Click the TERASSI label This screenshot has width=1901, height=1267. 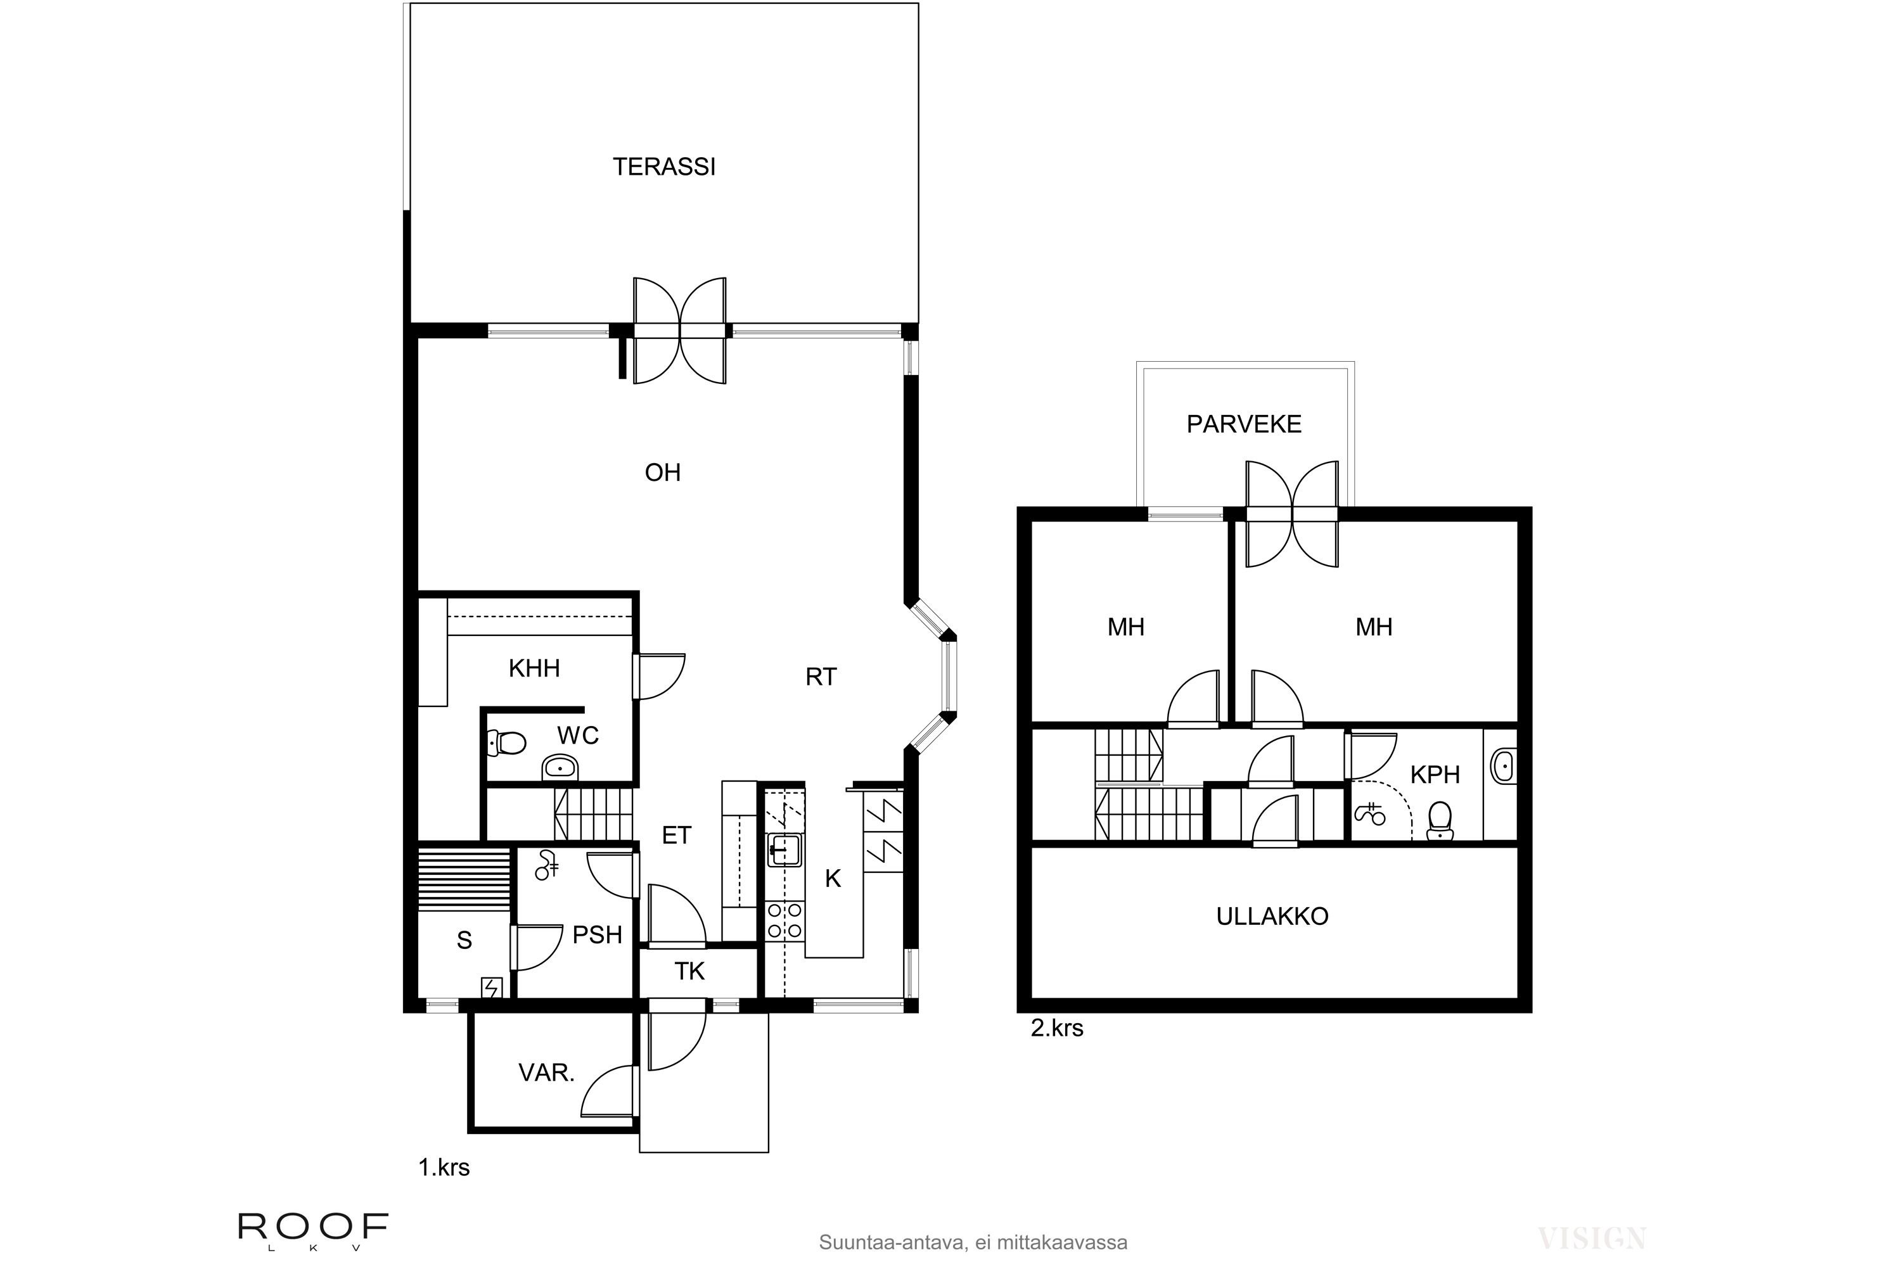(663, 167)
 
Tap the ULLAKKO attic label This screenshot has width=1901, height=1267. (1272, 916)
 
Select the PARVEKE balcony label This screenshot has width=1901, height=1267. (1244, 424)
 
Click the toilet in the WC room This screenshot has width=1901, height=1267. (507, 742)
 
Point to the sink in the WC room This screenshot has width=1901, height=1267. (560, 766)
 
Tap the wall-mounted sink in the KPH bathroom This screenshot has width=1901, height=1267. (1502, 765)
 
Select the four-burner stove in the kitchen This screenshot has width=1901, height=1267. (784, 921)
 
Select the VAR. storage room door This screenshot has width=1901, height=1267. (610, 1091)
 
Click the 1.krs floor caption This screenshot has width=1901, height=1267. (444, 1168)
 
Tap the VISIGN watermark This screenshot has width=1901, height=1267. (1591, 1237)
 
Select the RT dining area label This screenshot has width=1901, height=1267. (821, 677)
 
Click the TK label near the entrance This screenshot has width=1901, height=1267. (689, 971)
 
